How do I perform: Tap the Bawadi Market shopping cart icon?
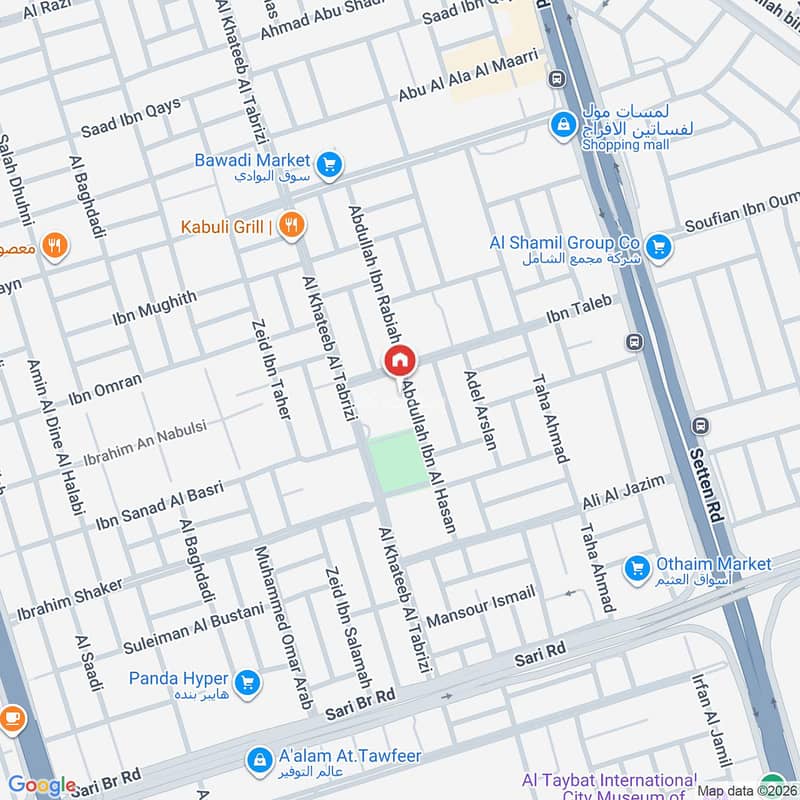(328, 164)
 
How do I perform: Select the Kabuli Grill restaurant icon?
(291, 226)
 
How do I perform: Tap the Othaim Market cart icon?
(636, 568)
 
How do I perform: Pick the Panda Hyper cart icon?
(248, 684)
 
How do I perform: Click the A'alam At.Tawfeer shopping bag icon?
(260, 760)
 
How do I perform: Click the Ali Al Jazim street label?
(623, 493)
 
